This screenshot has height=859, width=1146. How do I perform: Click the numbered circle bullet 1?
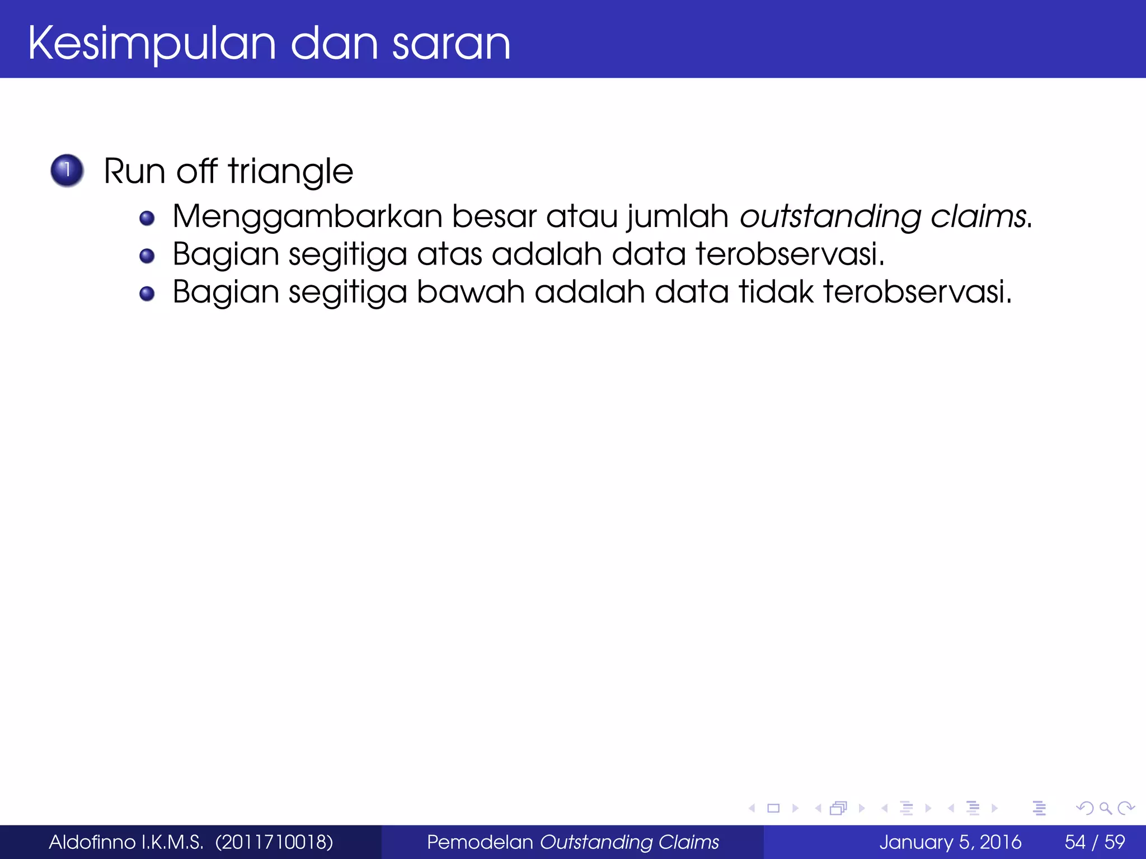coord(67,170)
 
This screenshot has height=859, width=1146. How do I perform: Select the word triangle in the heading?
coord(290,171)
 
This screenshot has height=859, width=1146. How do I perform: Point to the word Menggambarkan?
coord(307,217)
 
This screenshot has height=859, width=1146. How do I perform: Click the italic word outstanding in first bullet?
coord(830,217)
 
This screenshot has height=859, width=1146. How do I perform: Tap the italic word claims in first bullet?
coord(979,217)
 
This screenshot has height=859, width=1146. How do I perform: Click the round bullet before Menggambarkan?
coord(147,218)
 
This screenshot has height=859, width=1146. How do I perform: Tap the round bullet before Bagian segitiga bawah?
coord(147,294)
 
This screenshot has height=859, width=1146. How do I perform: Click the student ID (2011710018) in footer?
coord(274,842)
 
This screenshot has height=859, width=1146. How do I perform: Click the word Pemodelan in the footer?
coord(480,842)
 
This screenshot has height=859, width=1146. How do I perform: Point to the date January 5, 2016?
coord(950,842)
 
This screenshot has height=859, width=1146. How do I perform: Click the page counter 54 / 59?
coord(1095,842)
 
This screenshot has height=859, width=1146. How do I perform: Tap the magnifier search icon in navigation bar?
coord(1105,808)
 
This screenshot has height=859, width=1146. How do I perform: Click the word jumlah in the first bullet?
coord(678,217)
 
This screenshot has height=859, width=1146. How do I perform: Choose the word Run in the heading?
coord(135,171)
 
